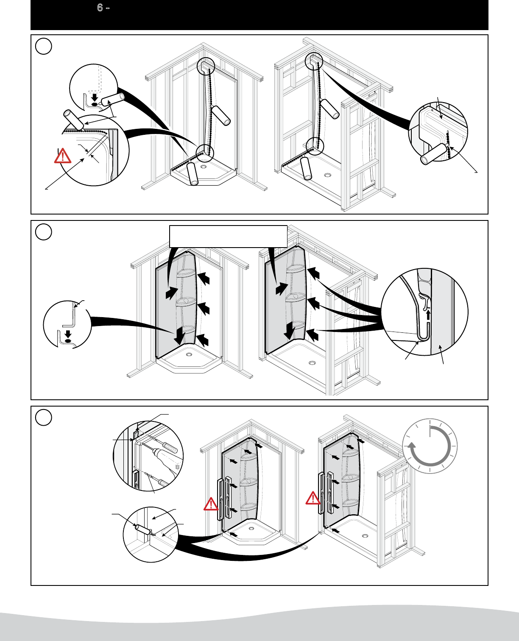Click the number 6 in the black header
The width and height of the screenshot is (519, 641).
[x=100, y=8]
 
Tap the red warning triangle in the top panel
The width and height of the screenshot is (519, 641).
[x=63, y=156]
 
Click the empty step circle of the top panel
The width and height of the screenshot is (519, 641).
[x=44, y=46]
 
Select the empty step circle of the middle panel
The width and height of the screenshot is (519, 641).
[x=44, y=232]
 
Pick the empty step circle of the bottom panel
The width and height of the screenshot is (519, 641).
[x=44, y=418]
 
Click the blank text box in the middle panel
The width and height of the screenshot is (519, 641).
[x=228, y=236]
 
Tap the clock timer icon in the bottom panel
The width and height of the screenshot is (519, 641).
[x=430, y=446]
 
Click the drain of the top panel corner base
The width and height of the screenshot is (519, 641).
[x=204, y=167]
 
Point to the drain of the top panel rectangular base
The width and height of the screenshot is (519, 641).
[x=328, y=175]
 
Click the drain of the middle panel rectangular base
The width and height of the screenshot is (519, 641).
[x=313, y=363]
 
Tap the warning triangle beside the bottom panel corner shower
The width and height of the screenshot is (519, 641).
[x=211, y=504]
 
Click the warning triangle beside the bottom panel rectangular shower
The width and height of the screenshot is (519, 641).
[x=313, y=499]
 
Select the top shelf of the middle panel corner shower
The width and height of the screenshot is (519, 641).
[x=185, y=274]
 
